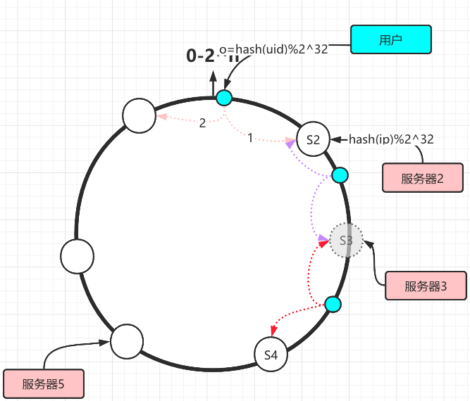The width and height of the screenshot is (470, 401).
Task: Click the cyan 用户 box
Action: (x=390, y=40)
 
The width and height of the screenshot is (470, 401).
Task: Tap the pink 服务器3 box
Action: (x=426, y=286)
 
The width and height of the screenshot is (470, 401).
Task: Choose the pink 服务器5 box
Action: (x=43, y=384)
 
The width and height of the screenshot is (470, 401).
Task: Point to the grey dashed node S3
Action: (x=346, y=241)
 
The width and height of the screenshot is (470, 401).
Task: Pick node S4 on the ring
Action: (x=271, y=355)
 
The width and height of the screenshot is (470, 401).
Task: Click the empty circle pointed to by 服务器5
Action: (x=128, y=341)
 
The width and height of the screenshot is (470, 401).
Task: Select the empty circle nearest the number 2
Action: (x=140, y=115)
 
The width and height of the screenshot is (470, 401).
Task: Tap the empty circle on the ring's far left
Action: (x=78, y=255)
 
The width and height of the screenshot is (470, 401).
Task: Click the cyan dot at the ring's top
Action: (x=224, y=97)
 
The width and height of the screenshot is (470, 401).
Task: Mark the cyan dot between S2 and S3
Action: (x=339, y=175)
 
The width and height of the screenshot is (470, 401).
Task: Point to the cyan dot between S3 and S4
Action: (x=333, y=305)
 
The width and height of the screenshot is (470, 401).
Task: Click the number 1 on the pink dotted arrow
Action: (x=249, y=138)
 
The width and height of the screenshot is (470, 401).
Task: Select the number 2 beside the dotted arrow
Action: (x=202, y=122)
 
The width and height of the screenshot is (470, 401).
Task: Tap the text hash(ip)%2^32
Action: (x=391, y=139)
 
